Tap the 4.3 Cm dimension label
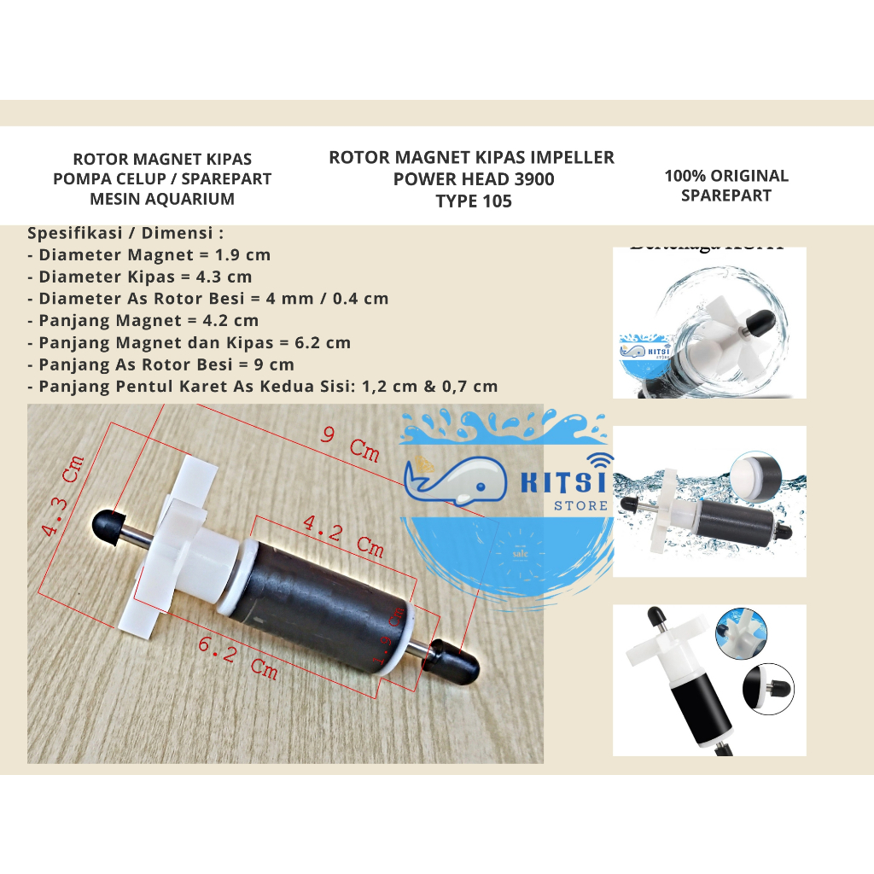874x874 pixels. pyautogui.click(x=65, y=499)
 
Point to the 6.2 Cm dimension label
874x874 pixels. pyautogui.click(x=238, y=657)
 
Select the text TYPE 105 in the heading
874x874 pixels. pyautogui.click(x=473, y=201)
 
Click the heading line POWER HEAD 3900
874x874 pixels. pyautogui.click(x=473, y=179)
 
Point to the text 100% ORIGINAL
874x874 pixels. pyautogui.click(x=726, y=176)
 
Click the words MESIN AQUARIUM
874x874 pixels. pyautogui.click(x=162, y=200)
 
